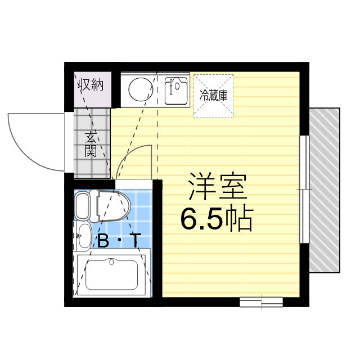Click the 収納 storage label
pos(91,85)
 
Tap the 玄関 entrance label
pos(91,144)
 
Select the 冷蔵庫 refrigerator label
pos(213,95)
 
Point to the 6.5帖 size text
pos(216,219)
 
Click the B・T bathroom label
pos(119,241)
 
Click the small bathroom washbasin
pos(83,235)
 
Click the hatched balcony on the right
pos(325,188)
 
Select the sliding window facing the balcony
pos(303,190)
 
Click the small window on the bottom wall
pos(261,302)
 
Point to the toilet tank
pos(82,206)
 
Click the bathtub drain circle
pos(111,262)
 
